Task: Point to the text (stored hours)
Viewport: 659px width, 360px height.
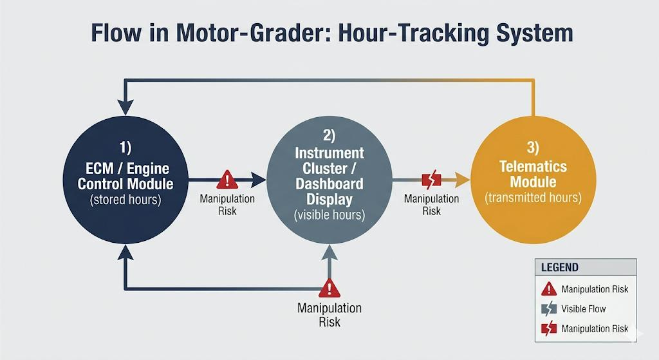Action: pyautogui.click(x=127, y=199)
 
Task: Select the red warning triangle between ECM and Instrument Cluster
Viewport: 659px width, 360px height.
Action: pyautogui.click(x=227, y=179)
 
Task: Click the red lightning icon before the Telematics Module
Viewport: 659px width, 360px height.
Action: pyautogui.click(x=431, y=179)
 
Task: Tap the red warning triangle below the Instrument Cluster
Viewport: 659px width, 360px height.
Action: pyautogui.click(x=329, y=287)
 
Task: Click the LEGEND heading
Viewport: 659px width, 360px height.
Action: pyautogui.click(x=559, y=267)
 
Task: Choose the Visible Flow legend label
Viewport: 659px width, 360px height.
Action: pyautogui.click(x=583, y=308)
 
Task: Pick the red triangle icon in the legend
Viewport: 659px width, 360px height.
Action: pyautogui.click(x=548, y=289)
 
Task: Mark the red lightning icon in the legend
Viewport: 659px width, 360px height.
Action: pyautogui.click(x=548, y=328)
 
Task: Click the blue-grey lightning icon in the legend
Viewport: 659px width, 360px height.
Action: pyautogui.click(x=548, y=308)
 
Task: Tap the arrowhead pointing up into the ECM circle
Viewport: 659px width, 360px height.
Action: pyautogui.click(x=126, y=255)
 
